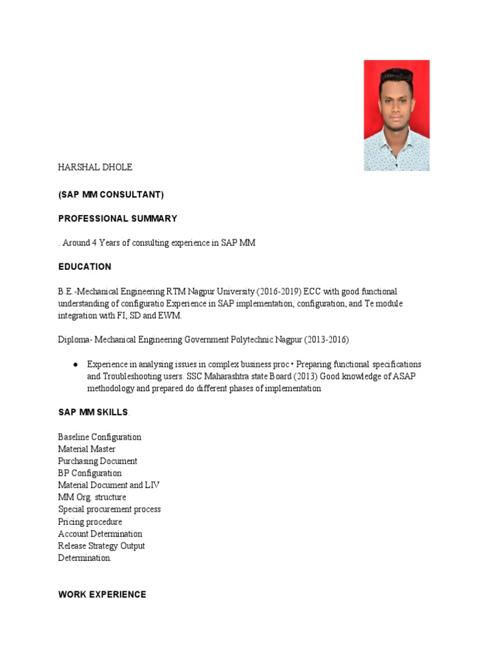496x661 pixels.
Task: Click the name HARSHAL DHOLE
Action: coord(95,167)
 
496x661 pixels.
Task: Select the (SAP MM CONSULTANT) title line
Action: coord(110,194)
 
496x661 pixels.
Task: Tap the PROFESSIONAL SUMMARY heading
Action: coord(118,219)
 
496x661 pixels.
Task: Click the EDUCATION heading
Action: coord(85,267)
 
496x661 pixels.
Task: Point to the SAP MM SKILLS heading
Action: coord(93,412)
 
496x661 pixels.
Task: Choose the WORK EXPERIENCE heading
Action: coord(102,595)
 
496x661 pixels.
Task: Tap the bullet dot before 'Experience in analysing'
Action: coord(76,365)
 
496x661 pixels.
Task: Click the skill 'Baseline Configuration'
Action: coord(99,437)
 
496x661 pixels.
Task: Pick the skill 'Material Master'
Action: coord(87,449)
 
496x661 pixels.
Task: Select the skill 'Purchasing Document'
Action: coord(98,462)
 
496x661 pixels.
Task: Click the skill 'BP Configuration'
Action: coord(90,473)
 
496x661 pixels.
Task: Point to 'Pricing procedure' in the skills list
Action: coord(90,522)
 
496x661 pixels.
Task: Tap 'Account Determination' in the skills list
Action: coord(100,534)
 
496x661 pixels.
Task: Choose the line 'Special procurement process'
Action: coord(109,509)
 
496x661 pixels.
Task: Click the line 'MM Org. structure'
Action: coord(92,498)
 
